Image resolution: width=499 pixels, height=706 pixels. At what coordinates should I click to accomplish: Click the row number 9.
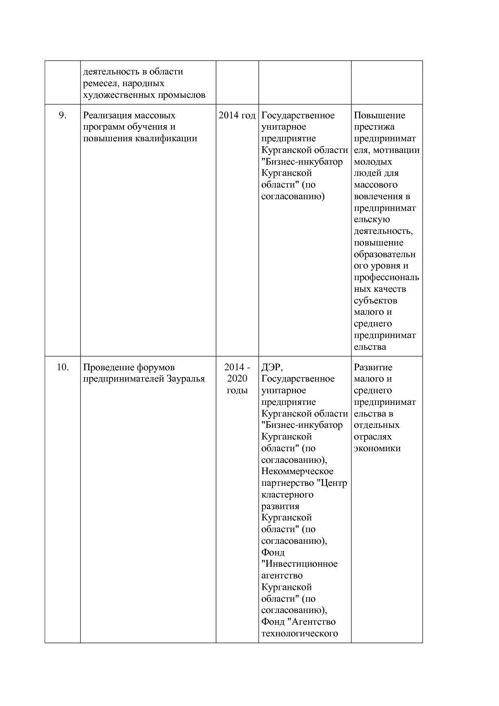(62, 116)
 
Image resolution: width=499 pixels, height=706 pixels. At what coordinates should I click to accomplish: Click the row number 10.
(62, 367)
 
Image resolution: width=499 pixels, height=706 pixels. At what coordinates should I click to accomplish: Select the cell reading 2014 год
(237, 116)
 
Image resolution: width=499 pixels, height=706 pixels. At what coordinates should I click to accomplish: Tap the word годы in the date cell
(237, 390)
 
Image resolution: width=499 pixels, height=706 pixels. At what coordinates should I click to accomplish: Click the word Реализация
(107, 116)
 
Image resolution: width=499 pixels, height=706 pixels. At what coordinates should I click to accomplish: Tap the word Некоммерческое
(297, 471)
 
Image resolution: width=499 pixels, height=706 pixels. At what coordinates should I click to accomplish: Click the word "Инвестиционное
(299, 564)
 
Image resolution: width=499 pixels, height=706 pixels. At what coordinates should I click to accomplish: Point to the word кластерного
(287, 495)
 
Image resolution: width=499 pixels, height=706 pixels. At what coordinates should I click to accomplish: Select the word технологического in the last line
(299, 634)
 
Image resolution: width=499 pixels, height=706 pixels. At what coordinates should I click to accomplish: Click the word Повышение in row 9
(379, 116)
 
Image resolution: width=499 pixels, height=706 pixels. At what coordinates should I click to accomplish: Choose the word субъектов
(375, 301)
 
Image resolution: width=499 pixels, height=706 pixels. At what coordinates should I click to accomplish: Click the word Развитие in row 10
(373, 367)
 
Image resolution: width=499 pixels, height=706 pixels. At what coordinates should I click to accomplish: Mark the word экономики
(377, 448)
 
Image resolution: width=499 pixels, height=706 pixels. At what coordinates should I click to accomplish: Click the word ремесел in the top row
(101, 83)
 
